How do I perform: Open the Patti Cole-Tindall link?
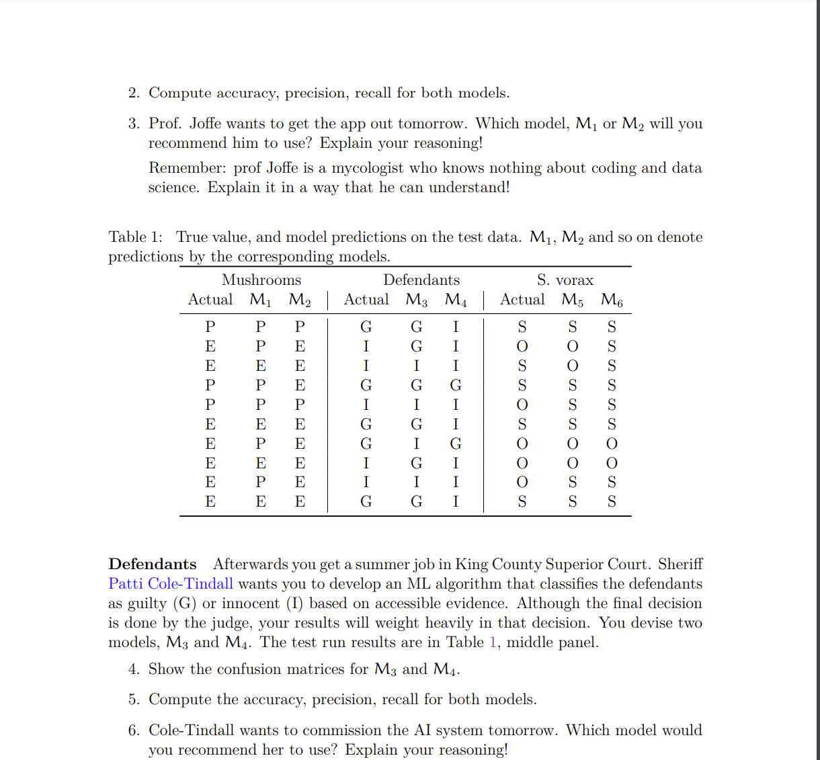point(171,584)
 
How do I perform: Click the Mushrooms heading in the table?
point(261,280)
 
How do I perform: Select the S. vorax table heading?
point(565,280)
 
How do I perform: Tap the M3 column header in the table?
point(417,300)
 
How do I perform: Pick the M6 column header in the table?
point(612,300)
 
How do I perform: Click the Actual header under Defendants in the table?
point(366,300)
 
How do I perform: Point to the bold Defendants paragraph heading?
point(153,564)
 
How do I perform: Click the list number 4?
point(134,669)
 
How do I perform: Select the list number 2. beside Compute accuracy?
point(134,93)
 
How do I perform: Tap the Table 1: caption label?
point(135,237)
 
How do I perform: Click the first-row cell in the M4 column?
point(456,327)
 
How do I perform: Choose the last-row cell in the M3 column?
point(417,501)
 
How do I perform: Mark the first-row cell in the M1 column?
point(261,327)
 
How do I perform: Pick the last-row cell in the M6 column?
point(612,501)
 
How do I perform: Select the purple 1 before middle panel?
point(493,642)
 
